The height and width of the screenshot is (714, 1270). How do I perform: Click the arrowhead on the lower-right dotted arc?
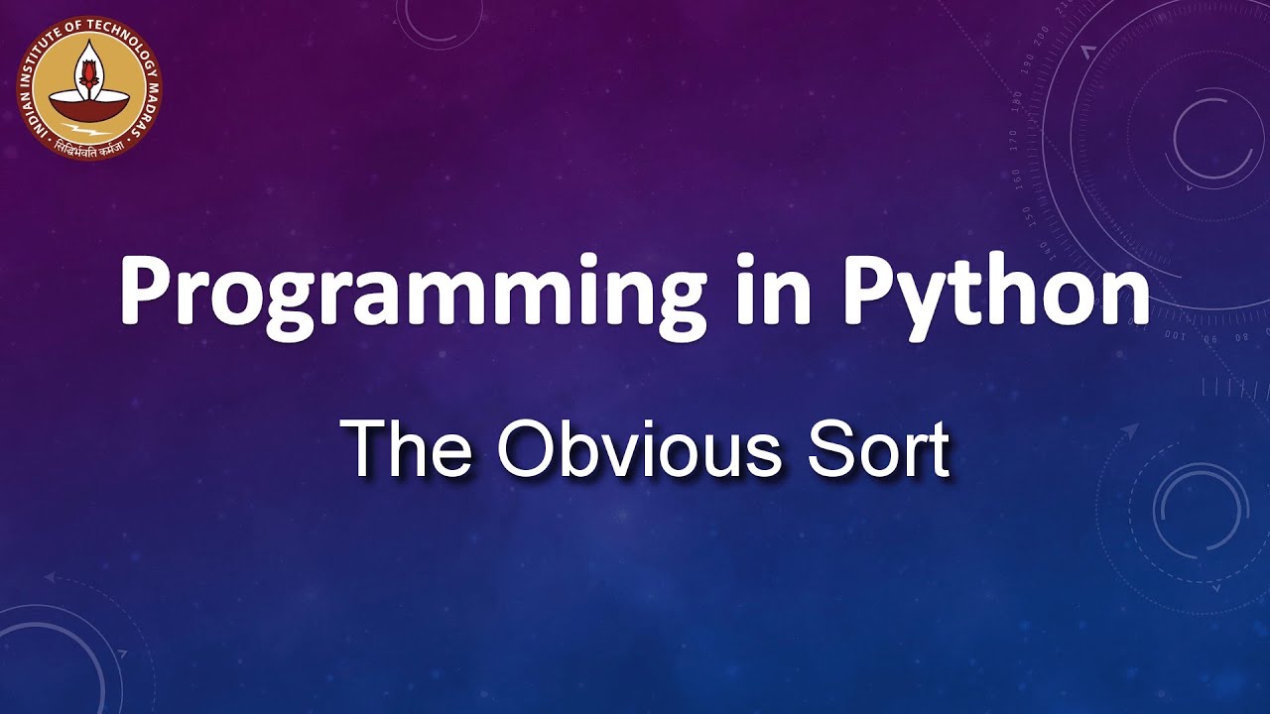click(1130, 430)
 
